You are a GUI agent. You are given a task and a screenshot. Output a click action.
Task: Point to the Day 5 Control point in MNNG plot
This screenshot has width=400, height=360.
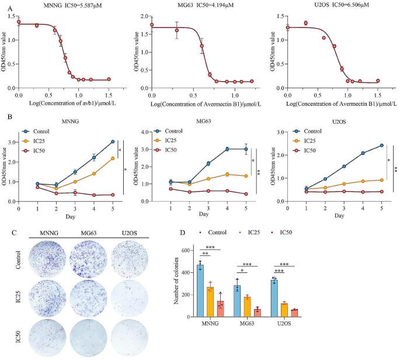pos(112,141)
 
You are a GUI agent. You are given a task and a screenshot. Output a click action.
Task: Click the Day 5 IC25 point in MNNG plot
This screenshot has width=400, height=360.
pos(112,158)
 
